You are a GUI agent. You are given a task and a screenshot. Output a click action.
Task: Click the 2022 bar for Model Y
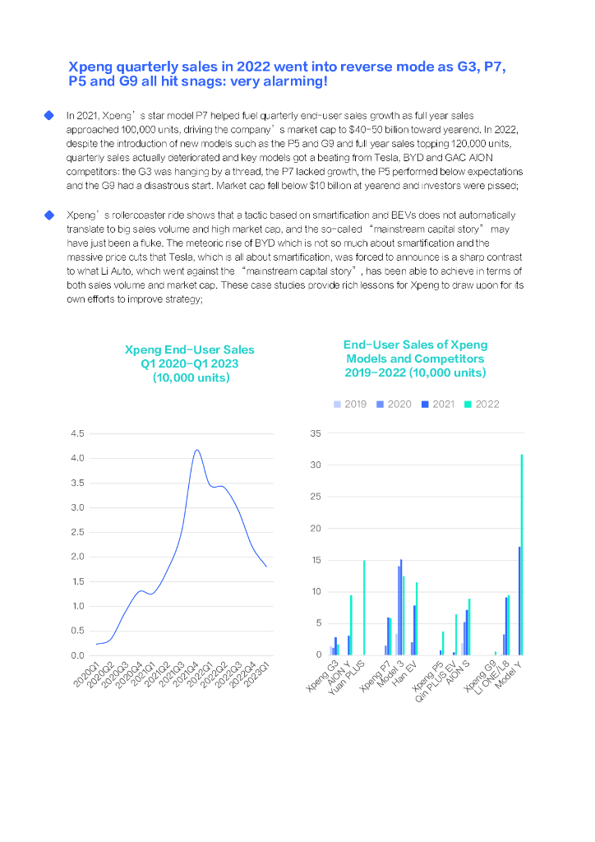click(521, 554)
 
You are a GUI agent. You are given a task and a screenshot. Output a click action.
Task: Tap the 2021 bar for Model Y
click(519, 600)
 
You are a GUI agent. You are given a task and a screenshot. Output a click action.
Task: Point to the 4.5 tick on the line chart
click(77, 433)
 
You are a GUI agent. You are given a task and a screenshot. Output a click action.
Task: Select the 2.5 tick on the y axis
click(77, 532)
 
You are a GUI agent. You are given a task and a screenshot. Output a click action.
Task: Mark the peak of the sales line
click(196, 450)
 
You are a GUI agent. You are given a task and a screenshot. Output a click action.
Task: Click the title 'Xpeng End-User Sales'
click(190, 350)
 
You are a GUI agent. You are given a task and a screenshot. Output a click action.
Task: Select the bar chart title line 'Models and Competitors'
click(415, 359)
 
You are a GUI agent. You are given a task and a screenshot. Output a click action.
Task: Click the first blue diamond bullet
click(48, 116)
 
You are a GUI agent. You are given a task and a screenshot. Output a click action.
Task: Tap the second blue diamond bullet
click(48, 215)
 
